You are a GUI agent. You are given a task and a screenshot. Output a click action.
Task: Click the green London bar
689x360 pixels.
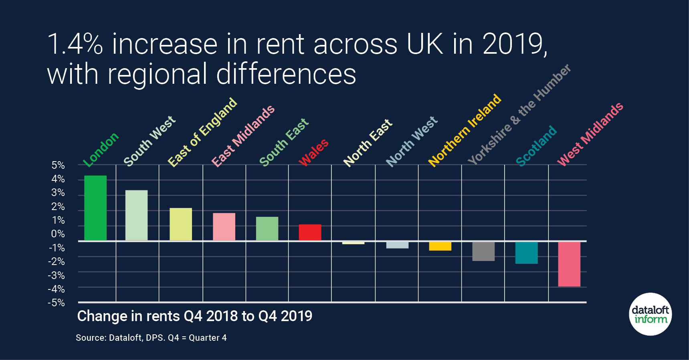point(95,208)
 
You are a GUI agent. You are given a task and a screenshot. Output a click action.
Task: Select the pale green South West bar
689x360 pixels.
point(136,215)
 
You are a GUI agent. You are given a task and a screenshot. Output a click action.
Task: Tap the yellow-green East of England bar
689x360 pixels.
point(181,224)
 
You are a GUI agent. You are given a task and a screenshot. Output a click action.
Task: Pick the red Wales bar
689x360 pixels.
point(310,233)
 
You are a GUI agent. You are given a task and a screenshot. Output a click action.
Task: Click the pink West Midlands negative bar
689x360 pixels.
point(569,264)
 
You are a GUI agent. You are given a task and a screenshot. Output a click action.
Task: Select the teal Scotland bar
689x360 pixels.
point(526,253)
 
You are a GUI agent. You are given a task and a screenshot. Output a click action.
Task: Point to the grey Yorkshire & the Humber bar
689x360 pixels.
point(483,251)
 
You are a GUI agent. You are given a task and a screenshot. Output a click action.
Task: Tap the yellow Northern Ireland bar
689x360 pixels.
point(440,246)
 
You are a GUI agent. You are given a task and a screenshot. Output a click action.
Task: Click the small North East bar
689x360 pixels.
point(353,243)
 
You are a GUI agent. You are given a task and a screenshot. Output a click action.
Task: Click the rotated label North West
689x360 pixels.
point(412,141)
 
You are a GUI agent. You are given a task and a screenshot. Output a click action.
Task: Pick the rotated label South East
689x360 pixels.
point(284,142)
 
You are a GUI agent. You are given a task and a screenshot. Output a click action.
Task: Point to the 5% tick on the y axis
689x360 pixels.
point(58,165)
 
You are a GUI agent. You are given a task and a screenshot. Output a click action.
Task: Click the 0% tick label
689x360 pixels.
point(58,234)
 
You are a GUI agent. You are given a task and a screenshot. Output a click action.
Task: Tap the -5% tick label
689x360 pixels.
point(57,303)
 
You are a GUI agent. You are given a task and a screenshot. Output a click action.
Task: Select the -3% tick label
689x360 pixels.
point(57,275)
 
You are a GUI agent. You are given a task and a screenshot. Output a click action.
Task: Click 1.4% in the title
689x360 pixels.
point(75,44)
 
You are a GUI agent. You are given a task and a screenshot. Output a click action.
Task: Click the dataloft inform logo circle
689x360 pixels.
point(650,314)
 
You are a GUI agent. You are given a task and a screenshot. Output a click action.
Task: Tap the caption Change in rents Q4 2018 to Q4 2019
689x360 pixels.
point(194,316)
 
